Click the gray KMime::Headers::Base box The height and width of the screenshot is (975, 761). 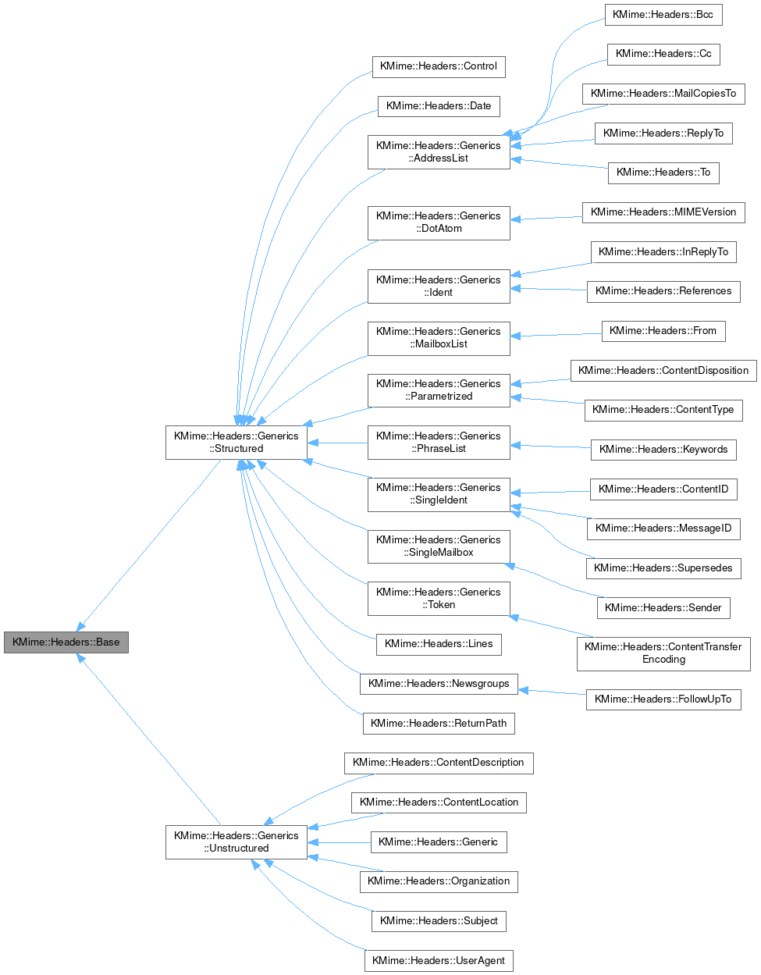tap(66, 642)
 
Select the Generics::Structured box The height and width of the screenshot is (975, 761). tap(236, 443)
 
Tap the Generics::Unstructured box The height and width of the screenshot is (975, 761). tap(236, 842)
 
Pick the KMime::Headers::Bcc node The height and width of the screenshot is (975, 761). tap(663, 15)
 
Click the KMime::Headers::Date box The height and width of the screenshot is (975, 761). tap(439, 106)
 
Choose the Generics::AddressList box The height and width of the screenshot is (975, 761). tap(439, 152)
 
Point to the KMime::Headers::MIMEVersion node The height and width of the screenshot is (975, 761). tap(663, 212)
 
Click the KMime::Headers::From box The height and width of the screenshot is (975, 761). tap(663, 331)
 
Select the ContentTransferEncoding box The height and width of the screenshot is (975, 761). tap(663, 653)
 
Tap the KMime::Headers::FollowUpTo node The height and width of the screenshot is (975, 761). tap(663, 699)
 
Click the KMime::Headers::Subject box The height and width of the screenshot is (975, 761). tap(439, 921)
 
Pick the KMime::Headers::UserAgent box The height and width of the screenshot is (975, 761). tap(439, 961)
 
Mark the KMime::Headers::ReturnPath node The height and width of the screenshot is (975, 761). tap(439, 724)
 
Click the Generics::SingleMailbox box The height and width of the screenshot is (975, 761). tap(439, 546)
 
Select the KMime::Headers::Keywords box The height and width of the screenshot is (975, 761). tap(663, 450)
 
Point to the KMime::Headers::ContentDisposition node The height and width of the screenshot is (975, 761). tap(663, 371)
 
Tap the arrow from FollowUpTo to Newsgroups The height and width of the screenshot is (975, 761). tap(553, 692)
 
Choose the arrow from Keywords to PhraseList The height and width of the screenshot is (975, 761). tap(550, 447)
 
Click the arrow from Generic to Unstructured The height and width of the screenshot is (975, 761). tap(340, 842)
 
